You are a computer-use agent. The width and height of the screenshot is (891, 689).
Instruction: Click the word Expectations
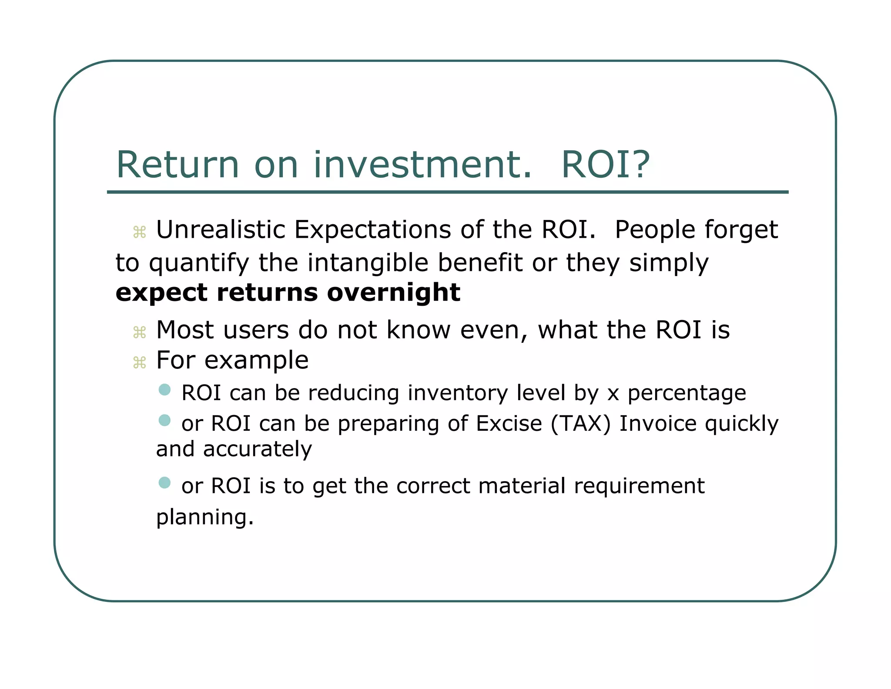(372, 230)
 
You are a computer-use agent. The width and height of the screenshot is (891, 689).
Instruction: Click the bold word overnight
(393, 292)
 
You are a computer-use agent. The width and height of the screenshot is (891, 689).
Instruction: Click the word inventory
(457, 393)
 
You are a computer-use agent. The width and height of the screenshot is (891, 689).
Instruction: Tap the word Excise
(509, 424)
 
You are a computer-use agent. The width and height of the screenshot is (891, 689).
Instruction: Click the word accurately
(257, 449)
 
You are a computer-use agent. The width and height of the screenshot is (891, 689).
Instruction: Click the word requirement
(639, 486)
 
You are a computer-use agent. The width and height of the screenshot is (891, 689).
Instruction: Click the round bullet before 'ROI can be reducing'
(164, 389)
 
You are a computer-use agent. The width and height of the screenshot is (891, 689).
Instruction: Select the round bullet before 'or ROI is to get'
(164, 483)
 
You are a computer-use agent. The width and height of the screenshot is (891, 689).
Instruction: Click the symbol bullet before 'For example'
(139, 362)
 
